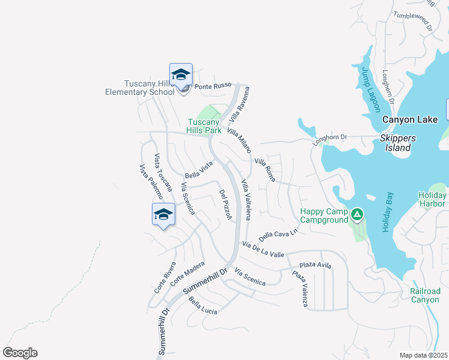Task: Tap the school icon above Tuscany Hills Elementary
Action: click(x=181, y=75)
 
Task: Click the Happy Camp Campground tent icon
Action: click(x=357, y=214)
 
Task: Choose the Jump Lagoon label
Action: click(x=370, y=89)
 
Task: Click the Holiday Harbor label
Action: click(x=432, y=199)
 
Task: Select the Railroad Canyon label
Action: click(x=425, y=295)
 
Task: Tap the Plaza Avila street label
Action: click(x=315, y=265)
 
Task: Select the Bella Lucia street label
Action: click(x=202, y=305)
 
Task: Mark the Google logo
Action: click(x=20, y=353)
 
